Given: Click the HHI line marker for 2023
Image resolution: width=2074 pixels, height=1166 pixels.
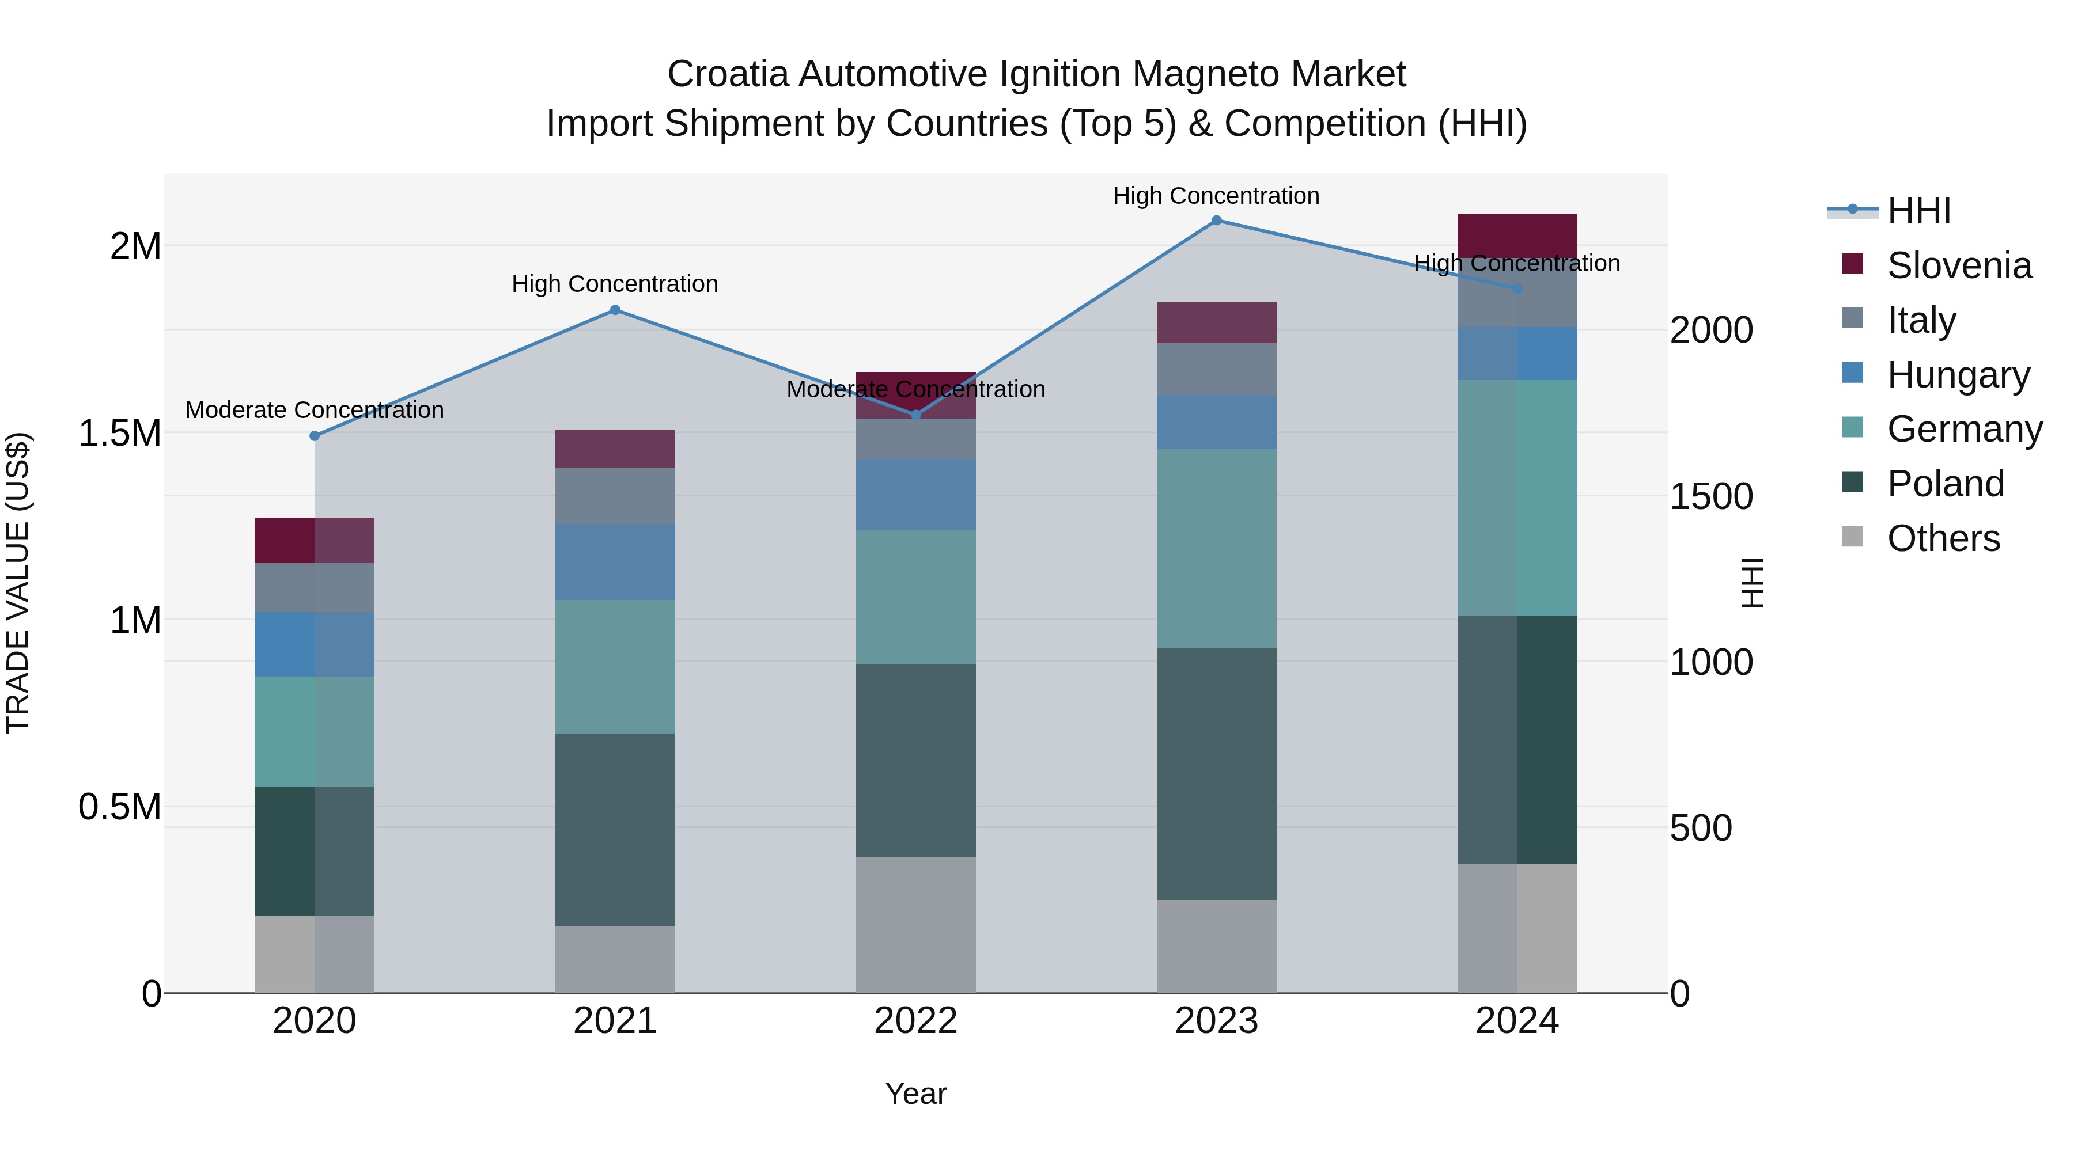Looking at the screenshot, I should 1217,221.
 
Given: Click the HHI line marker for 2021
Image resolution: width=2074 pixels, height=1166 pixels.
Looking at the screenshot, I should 615,310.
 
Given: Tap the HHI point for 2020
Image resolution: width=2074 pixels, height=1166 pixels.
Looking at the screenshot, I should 315,436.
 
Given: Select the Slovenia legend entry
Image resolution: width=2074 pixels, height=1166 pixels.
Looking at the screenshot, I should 1958,265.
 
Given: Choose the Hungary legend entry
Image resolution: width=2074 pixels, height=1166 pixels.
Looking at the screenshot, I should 1958,375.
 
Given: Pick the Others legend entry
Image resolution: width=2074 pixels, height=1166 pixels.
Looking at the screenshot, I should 1943,538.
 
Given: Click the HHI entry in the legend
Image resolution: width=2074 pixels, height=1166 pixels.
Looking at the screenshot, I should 1918,211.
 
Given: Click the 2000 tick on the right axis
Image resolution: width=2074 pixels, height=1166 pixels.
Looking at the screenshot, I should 1711,330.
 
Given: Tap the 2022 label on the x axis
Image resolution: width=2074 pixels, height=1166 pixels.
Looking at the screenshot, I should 915,1021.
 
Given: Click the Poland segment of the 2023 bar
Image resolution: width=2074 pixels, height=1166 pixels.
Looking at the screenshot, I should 1217,773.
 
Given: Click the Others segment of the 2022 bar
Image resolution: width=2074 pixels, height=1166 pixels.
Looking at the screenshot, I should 915,925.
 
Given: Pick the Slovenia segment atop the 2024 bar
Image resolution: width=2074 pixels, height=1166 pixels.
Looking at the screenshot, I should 1517,235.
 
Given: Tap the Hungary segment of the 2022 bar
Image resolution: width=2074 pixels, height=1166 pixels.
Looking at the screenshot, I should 915,494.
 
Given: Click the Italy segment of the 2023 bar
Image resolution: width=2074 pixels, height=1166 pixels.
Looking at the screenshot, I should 1217,369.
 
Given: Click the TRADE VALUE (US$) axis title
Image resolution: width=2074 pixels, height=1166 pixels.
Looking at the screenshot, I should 18,583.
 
